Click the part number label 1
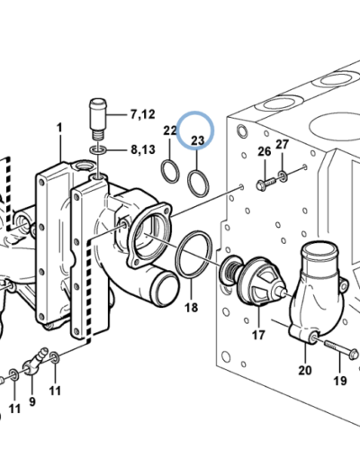click(59, 128)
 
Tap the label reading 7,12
click(142, 114)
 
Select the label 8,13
click(143, 149)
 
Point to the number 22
click(170, 130)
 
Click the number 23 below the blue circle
click(198, 140)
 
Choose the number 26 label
click(265, 152)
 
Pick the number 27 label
click(282, 145)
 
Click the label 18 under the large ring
click(192, 308)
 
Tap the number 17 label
click(258, 335)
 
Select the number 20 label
click(305, 371)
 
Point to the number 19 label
click(340, 381)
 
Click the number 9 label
click(32, 401)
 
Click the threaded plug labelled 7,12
click(98, 119)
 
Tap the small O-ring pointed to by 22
click(170, 172)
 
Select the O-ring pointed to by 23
click(198, 184)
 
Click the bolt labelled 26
click(266, 184)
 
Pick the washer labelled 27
click(283, 176)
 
